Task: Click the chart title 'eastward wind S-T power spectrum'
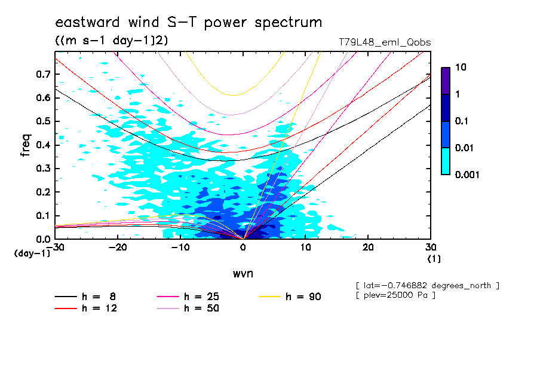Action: pyautogui.click(x=189, y=23)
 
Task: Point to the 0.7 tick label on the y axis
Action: pyautogui.click(x=42, y=74)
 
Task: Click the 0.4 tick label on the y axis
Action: pyautogui.click(x=42, y=145)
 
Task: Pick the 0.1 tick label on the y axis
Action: pyautogui.click(x=42, y=216)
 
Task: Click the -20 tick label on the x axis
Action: pyautogui.click(x=118, y=248)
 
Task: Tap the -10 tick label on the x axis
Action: pyautogui.click(x=180, y=248)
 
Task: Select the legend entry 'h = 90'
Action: pyautogui.click(x=302, y=296)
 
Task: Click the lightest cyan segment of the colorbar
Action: pyautogui.click(x=446, y=161)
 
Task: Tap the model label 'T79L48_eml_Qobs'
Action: pyautogui.click(x=384, y=42)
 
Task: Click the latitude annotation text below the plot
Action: pyautogui.click(x=427, y=285)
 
